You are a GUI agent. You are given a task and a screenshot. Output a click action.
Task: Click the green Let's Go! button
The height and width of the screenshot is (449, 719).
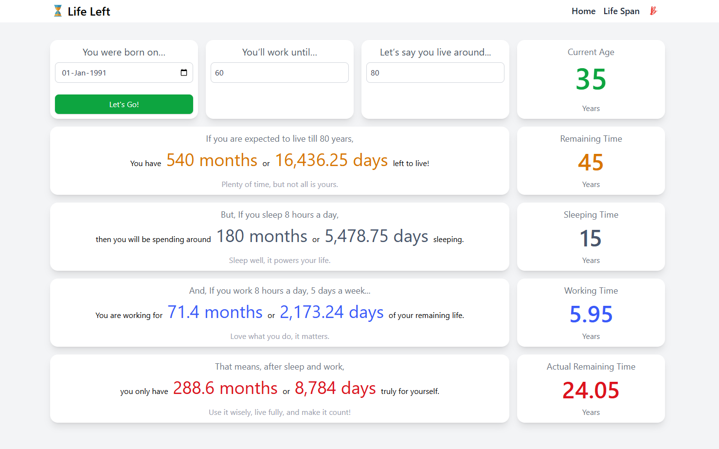coord(124,104)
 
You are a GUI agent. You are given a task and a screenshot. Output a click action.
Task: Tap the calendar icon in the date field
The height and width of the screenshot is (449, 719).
coord(184,73)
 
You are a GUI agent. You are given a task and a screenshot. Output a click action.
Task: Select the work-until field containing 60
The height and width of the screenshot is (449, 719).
coord(279,73)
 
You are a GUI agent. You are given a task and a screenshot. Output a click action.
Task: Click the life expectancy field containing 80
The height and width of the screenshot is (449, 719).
coord(435,73)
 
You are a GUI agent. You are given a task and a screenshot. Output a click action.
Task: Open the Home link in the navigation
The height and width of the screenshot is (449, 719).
coord(583,11)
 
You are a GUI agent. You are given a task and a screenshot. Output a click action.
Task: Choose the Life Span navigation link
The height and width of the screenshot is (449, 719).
coord(621,11)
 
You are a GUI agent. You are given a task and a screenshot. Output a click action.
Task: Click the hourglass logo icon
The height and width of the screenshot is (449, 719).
coord(58,11)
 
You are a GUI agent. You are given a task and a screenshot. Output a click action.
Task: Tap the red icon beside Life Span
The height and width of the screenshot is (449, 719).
coord(653,11)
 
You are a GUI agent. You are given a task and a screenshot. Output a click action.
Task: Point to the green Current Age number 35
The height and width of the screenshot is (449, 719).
coord(591,79)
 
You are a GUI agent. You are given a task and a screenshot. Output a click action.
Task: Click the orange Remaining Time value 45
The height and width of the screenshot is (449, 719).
coord(591,162)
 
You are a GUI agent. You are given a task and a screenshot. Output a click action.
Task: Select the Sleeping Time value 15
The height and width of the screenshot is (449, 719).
coord(591,238)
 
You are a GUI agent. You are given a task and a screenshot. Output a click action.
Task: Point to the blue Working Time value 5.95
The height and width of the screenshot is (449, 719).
coord(591,314)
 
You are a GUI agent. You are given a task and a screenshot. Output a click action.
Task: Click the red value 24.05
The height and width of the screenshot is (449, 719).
coord(591,390)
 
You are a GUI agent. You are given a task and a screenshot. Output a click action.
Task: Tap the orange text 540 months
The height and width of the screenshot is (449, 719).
coord(212,160)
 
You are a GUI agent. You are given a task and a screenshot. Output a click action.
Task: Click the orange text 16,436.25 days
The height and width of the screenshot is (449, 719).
coord(331,160)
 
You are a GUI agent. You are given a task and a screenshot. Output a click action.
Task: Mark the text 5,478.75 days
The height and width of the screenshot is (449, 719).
coord(376,236)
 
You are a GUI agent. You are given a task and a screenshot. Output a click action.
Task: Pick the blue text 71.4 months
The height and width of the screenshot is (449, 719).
coord(215,312)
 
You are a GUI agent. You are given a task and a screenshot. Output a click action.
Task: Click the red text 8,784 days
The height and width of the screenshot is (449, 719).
coord(335,388)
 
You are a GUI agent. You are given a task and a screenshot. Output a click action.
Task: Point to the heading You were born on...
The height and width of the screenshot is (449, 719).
coord(124,52)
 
